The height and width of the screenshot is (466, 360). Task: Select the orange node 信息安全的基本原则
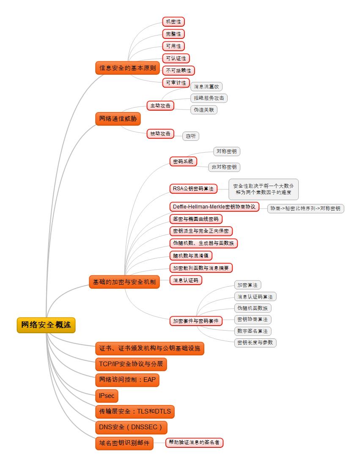click(127, 68)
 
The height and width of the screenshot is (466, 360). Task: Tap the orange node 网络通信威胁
click(118, 119)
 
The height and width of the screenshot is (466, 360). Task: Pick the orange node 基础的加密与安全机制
click(124, 282)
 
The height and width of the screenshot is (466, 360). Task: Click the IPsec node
click(107, 396)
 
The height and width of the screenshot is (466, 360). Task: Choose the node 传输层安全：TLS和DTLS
click(135, 411)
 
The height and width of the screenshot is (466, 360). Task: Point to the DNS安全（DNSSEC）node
click(131, 427)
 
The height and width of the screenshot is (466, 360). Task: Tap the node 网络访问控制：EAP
click(127, 380)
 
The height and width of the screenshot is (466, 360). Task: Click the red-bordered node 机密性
click(173, 22)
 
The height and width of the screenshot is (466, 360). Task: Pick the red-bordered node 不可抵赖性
click(179, 70)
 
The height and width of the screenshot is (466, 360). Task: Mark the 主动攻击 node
click(160, 105)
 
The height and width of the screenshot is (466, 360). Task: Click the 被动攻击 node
click(160, 134)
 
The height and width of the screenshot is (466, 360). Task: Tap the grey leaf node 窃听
click(191, 136)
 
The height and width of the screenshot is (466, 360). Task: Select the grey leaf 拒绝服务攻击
click(209, 98)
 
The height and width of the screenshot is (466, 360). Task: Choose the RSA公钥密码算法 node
click(193, 188)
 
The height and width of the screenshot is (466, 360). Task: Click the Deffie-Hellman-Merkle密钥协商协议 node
click(214, 207)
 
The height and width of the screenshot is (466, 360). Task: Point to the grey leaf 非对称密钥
click(225, 167)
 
